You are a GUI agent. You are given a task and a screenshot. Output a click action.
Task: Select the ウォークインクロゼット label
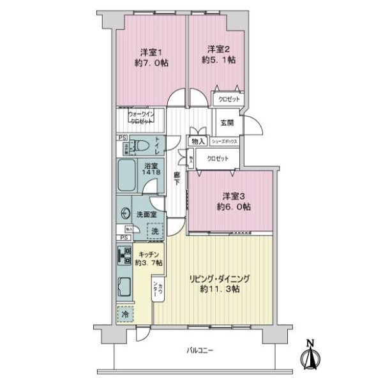[x=140, y=119]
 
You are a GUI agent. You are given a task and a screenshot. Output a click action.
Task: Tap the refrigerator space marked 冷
[x=126, y=315]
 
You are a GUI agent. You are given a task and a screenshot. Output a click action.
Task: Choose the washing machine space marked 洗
[x=155, y=230]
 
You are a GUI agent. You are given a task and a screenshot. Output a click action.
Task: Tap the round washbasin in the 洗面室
[x=124, y=215]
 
